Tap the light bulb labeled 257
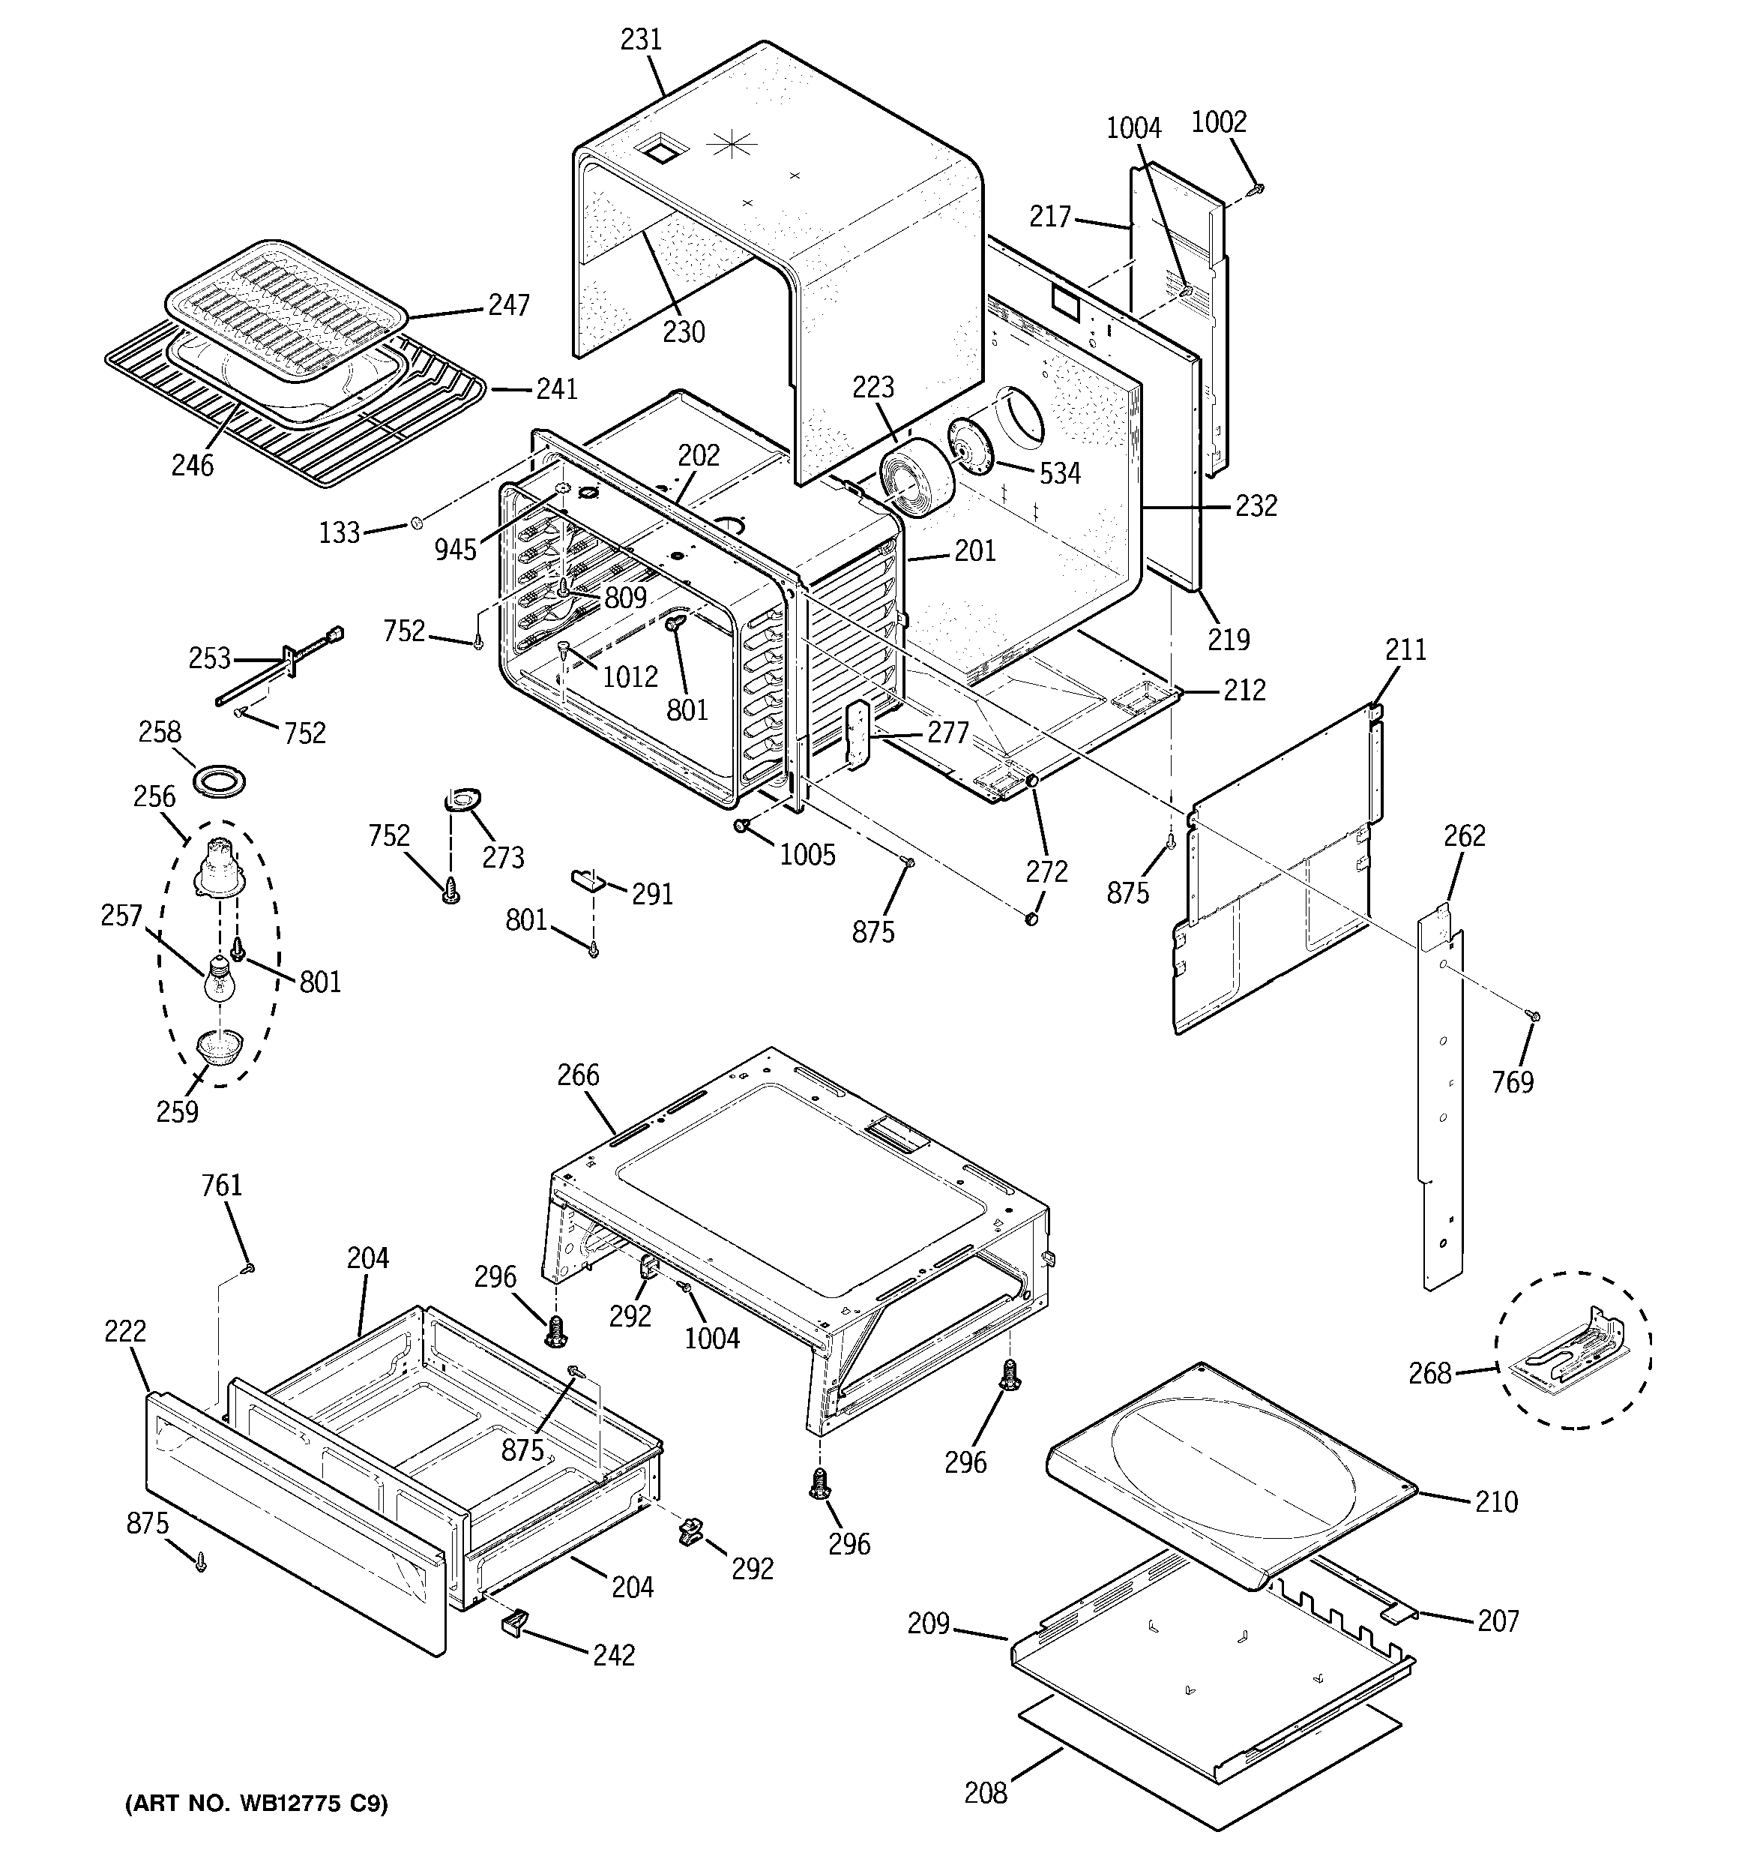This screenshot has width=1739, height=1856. (x=218, y=982)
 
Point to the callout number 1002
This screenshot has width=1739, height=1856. (x=1219, y=122)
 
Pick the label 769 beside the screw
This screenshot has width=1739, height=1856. (x=1512, y=1082)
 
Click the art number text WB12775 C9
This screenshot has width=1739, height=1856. (x=256, y=1804)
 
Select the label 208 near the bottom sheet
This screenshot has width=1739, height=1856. (x=986, y=1792)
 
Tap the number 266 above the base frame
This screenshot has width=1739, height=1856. (x=579, y=1075)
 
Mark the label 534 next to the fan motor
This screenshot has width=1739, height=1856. (x=1059, y=474)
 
